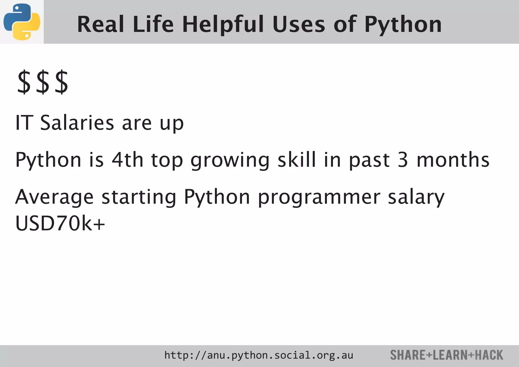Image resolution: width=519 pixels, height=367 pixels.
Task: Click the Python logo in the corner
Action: click(x=22, y=22)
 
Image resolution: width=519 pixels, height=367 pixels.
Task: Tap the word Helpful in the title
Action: click(x=223, y=24)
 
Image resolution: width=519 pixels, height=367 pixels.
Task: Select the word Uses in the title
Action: click(x=299, y=24)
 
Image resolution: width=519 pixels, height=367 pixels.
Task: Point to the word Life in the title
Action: click(x=153, y=24)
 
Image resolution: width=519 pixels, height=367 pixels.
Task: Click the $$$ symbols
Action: click(x=43, y=83)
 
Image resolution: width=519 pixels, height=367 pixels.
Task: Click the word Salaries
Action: click(x=77, y=123)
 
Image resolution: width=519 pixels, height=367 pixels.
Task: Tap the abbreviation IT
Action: click(x=24, y=123)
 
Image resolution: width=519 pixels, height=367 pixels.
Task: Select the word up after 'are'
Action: click(x=172, y=124)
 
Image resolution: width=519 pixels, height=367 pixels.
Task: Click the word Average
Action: click(x=54, y=197)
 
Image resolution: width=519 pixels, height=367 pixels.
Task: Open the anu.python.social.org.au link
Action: click(x=258, y=355)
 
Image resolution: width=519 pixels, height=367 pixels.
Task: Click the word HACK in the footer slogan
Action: click(x=489, y=355)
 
